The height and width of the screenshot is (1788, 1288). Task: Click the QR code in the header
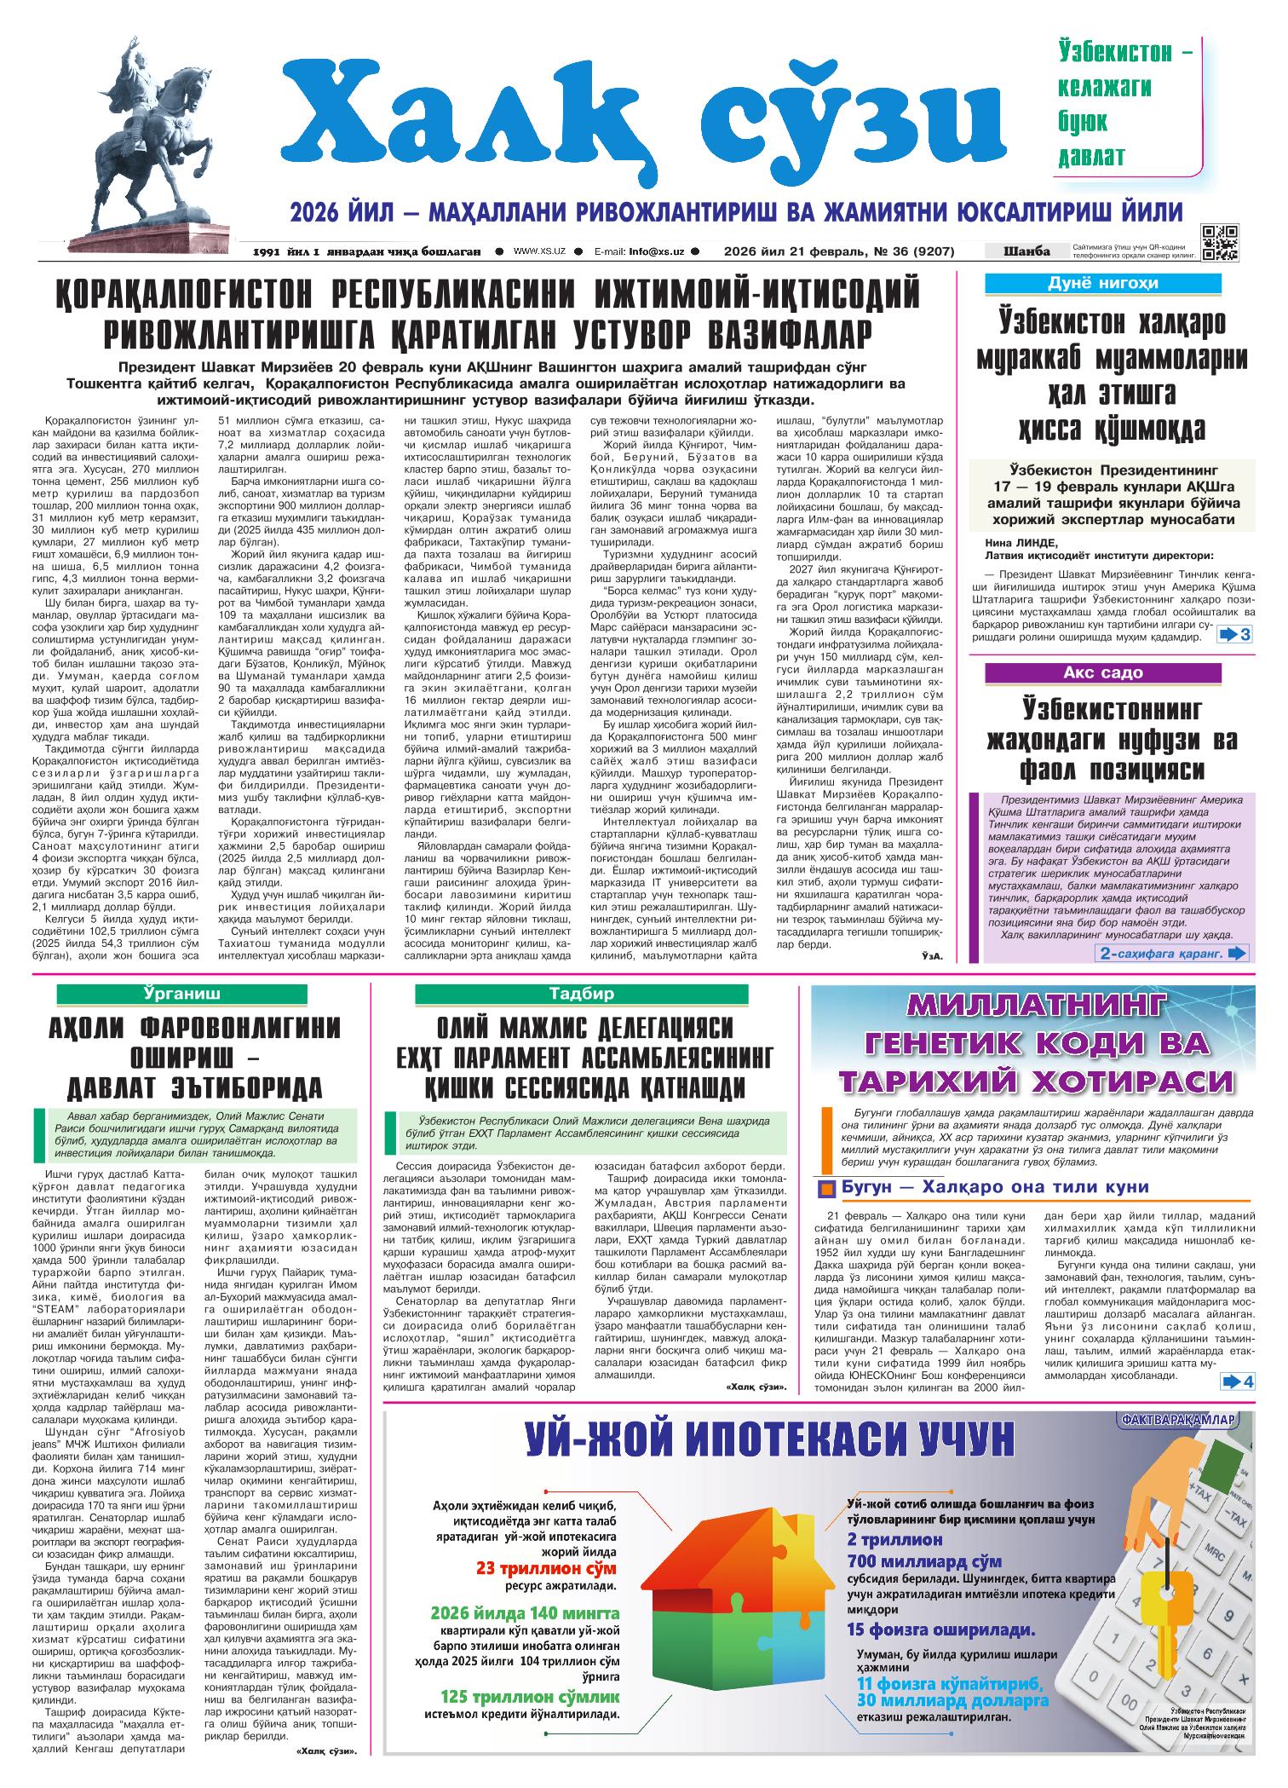(1219, 241)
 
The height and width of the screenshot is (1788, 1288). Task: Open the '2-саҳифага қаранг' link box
(1173, 953)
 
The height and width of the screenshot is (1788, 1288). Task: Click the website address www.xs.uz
(540, 251)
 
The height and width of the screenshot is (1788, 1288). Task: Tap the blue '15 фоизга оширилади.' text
(941, 1629)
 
